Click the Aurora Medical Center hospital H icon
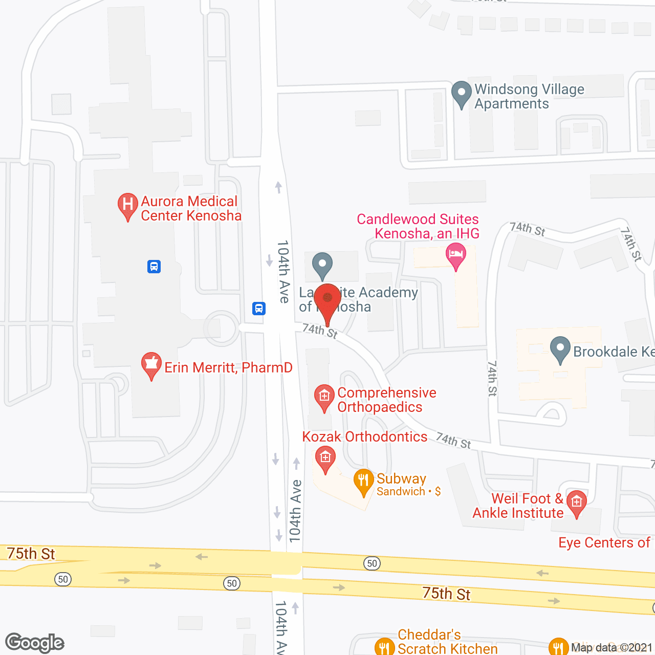(x=127, y=205)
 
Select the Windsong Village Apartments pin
(x=461, y=93)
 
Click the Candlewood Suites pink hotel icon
(x=455, y=254)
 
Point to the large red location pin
(x=327, y=299)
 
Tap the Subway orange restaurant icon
(x=363, y=481)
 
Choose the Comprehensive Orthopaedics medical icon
(x=324, y=397)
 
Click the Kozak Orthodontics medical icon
(x=325, y=457)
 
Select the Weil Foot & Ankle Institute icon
(x=577, y=503)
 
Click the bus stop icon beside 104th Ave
(x=259, y=309)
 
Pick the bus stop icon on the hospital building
(x=154, y=267)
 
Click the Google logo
(x=34, y=643)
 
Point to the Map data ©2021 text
(x=611, y=648)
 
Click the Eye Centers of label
(x=604, y=542)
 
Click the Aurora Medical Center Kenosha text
(x=190, y=208)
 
